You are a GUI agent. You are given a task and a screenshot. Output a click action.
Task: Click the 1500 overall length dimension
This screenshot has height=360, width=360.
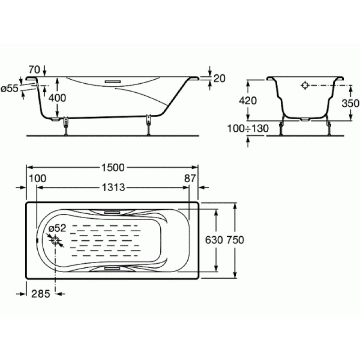coord(113,167)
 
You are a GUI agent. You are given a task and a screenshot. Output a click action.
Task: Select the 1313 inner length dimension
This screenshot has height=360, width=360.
coord(113,187)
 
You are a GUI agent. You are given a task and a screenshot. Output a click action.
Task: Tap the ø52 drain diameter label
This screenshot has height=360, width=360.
coord(58,228)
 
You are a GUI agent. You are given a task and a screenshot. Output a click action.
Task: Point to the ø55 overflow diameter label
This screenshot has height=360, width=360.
coord(9,89)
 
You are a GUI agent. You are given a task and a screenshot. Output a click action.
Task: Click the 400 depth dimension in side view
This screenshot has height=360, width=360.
coord(57,98)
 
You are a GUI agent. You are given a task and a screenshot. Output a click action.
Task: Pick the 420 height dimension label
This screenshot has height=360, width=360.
coord(248,100)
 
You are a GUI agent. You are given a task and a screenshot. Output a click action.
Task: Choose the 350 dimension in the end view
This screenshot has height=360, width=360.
coord(351,103)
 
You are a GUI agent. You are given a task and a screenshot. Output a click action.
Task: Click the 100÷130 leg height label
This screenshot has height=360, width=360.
coord(248,129)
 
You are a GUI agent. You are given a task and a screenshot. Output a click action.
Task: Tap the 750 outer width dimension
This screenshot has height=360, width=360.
coord(235,240)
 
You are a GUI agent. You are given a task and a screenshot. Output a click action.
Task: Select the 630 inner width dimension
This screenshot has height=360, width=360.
coord(214,240)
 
